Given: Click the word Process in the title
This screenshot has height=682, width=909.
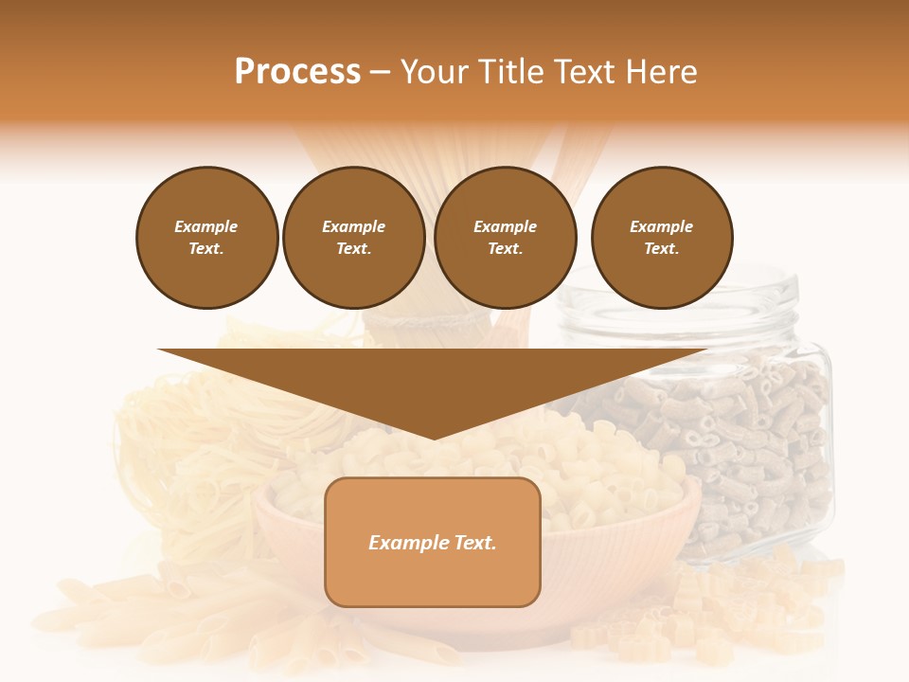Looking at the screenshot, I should (x=297, y=72).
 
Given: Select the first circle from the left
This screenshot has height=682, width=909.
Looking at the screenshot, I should (x=206, y=238).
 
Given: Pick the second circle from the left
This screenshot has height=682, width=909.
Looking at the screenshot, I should (x=353, y=238).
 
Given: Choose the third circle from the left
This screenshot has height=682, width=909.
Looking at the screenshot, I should (x=505, y=238).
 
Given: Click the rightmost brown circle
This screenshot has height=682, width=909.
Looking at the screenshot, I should (x=661, y=238).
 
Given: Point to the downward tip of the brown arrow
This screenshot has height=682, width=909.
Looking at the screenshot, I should (x=434, y=437).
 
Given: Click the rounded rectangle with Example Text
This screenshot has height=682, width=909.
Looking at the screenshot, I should (x=433, y=542).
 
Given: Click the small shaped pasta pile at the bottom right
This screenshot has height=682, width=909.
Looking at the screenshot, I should (x=720, y=606).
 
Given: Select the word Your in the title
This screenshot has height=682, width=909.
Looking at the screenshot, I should (x=436, y=72).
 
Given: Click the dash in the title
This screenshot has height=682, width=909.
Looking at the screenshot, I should (x=381, y=73).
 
